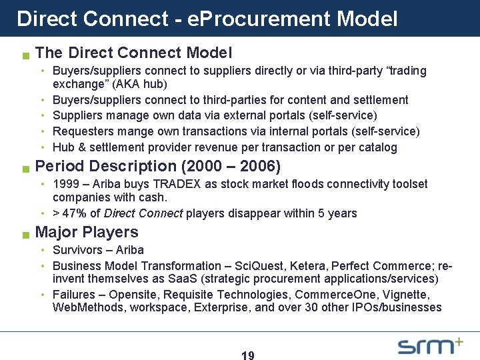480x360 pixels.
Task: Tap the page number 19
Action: pos(247,356)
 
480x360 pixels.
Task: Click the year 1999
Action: pos(65,183)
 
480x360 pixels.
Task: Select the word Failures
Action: pos(73,294)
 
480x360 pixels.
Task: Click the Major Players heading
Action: pos(87,232)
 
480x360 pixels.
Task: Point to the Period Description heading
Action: pos(157,165)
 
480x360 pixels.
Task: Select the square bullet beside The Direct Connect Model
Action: pos(25,54)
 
